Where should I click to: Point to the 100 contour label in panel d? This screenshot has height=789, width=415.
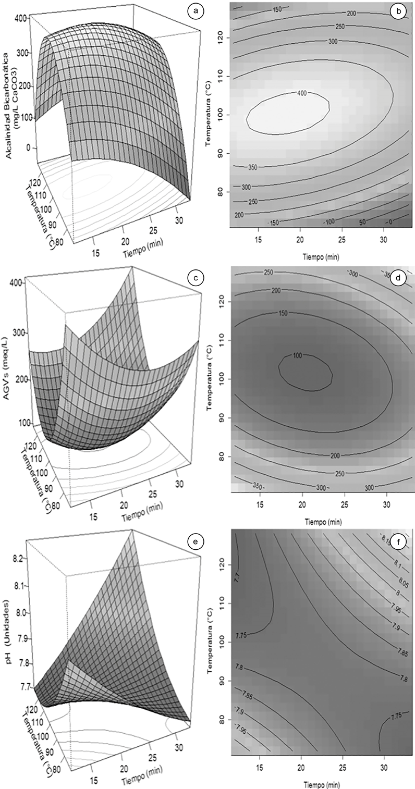coord(297,355)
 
